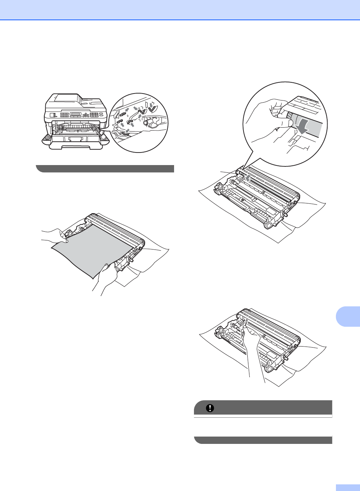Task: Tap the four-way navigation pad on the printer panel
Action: click(x=85, y=115)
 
